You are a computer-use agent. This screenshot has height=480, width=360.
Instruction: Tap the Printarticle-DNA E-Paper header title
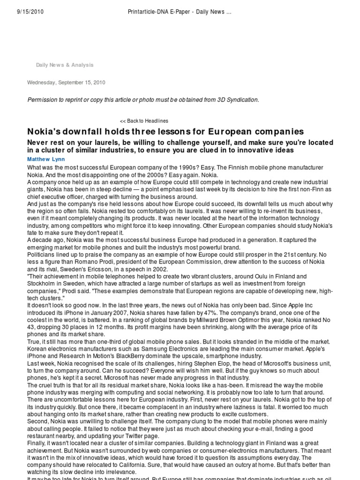[x=180, y=13]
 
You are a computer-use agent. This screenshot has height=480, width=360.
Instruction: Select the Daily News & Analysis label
[x=65, y=65]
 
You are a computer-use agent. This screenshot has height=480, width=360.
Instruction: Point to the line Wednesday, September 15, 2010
[x=66, y=82]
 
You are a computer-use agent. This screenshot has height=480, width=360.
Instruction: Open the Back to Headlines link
[x=144, y=121]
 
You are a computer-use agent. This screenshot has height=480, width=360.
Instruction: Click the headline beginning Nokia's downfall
[x=165, y=132]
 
